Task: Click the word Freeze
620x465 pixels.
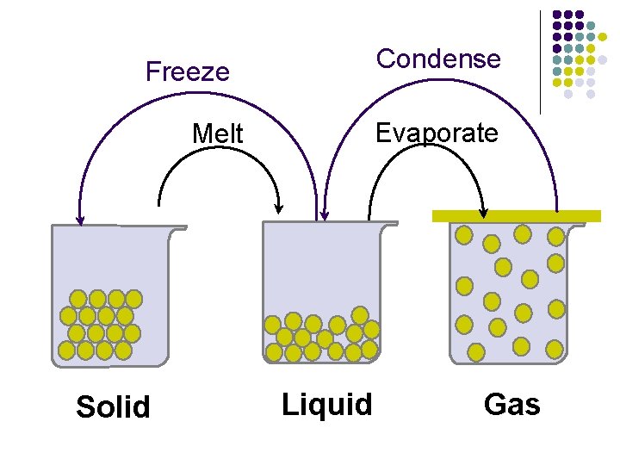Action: (188, 71)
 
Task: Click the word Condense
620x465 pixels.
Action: (438, 59)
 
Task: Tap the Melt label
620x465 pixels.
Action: (218, 134)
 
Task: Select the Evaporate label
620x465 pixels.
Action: (437, 133)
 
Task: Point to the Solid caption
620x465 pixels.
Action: (113, 406)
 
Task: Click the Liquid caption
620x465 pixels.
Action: (327, 403)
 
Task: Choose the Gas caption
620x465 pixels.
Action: (512, 403)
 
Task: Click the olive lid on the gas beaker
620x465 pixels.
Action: (516, 216)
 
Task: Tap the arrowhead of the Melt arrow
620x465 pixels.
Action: (278, 208)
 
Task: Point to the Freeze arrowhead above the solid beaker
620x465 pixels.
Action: (80, 220)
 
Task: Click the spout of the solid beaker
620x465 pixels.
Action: (177, 228)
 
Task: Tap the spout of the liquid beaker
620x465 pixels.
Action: (389, 224)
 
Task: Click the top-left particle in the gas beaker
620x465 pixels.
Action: (463, 234)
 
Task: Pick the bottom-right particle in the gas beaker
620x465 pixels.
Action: (555, 349)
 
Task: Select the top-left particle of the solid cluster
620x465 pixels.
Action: (78, 299)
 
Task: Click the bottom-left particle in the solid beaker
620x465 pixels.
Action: (66, 350)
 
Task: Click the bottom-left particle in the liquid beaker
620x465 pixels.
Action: (275, 352)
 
